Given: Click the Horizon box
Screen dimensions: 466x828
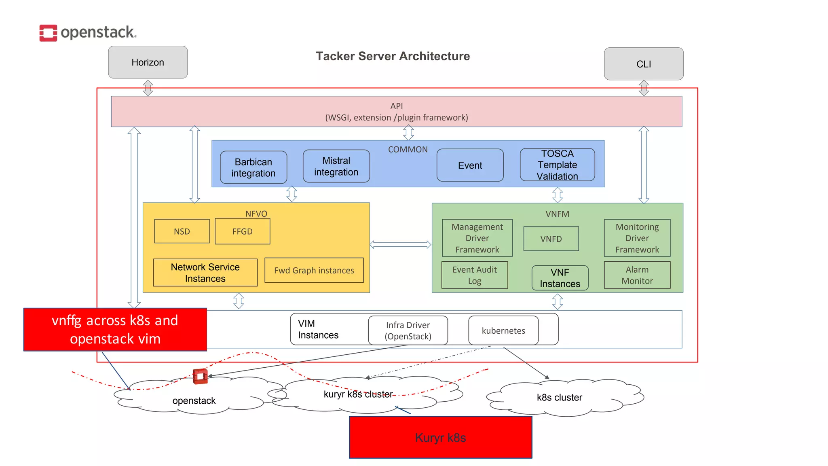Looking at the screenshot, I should (x=148, y=62).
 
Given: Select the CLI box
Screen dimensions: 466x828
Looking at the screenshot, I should (x=644, y=64).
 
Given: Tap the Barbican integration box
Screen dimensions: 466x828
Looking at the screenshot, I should (x=253, y=167).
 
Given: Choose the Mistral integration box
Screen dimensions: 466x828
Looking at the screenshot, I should (x=336, y=166).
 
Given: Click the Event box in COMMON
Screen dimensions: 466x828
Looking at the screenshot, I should (x=470, y=165).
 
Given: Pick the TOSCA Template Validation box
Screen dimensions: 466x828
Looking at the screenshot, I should (x=557, y=165).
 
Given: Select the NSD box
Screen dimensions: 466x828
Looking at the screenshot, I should (x=182, y=231).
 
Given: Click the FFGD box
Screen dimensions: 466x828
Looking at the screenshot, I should (x=242, y=231).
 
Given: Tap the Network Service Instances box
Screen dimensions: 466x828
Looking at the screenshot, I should (x=205, y=273).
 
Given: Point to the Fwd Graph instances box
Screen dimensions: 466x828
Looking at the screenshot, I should (x=314, y=270).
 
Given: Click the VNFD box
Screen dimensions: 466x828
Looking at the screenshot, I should (x=551, y=239).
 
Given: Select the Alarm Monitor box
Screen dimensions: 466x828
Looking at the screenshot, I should (x=637, y=275).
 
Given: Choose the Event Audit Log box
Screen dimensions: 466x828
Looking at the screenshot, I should (x=474, y=275).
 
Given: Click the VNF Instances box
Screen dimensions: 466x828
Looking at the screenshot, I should (x=560, y=278).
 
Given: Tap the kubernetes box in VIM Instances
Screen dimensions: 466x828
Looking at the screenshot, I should (x=503, y=330).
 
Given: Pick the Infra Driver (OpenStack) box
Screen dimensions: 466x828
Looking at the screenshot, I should (x=408, y=330).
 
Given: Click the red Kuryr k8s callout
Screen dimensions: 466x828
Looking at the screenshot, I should (x=440, y=437).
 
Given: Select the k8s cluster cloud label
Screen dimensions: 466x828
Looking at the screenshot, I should (x=559, y=397).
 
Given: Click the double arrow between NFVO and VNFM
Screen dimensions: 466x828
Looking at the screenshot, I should (x=400, y=244).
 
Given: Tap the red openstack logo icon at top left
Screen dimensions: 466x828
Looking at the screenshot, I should (x=48, y=33).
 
